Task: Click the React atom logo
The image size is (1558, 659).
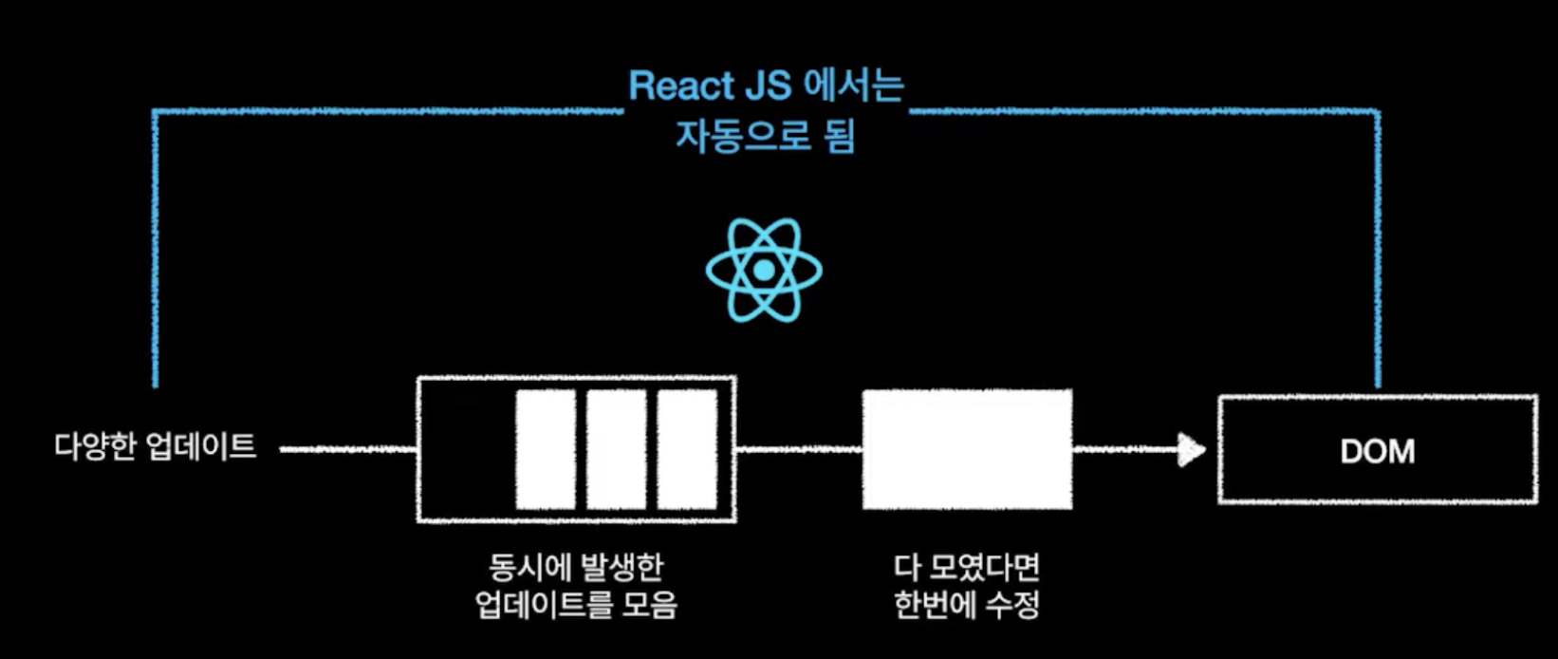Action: point(764,271)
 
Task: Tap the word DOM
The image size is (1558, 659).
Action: point(1377,451)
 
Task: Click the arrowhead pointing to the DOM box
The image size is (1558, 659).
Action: point(1191,449)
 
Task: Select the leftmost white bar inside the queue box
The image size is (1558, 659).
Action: point(546,449)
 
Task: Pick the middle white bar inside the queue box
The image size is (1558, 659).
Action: point(616,449)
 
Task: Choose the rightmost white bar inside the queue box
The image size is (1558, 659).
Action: point(687,449)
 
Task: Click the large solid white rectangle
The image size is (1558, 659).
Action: point(967,449)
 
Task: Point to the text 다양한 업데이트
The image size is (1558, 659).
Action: point(156,446)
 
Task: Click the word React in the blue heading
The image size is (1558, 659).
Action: point(681,86)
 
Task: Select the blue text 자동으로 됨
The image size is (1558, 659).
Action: point(765,136)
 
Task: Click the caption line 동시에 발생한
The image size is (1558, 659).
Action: point(576,568)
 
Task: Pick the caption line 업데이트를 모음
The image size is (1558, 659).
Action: point(576,605)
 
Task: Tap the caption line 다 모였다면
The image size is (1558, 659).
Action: point(967,568)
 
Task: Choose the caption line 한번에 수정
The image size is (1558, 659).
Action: point(967,605)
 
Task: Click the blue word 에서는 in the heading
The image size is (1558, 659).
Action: point(854,86)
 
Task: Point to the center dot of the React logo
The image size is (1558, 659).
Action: point(764,272)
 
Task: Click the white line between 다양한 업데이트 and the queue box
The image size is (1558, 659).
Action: point(348,449)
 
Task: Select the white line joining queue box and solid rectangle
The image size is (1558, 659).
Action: point(799,449)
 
